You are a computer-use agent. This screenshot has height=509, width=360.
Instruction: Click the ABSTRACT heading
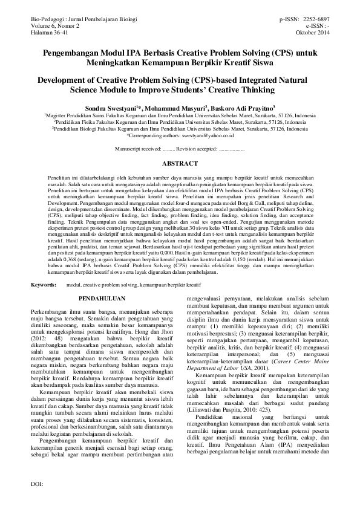tap(180, 163)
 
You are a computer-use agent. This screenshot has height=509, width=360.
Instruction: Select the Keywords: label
tap(44, 284)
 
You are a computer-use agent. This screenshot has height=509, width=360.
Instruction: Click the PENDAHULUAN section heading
tap(102, 299)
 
